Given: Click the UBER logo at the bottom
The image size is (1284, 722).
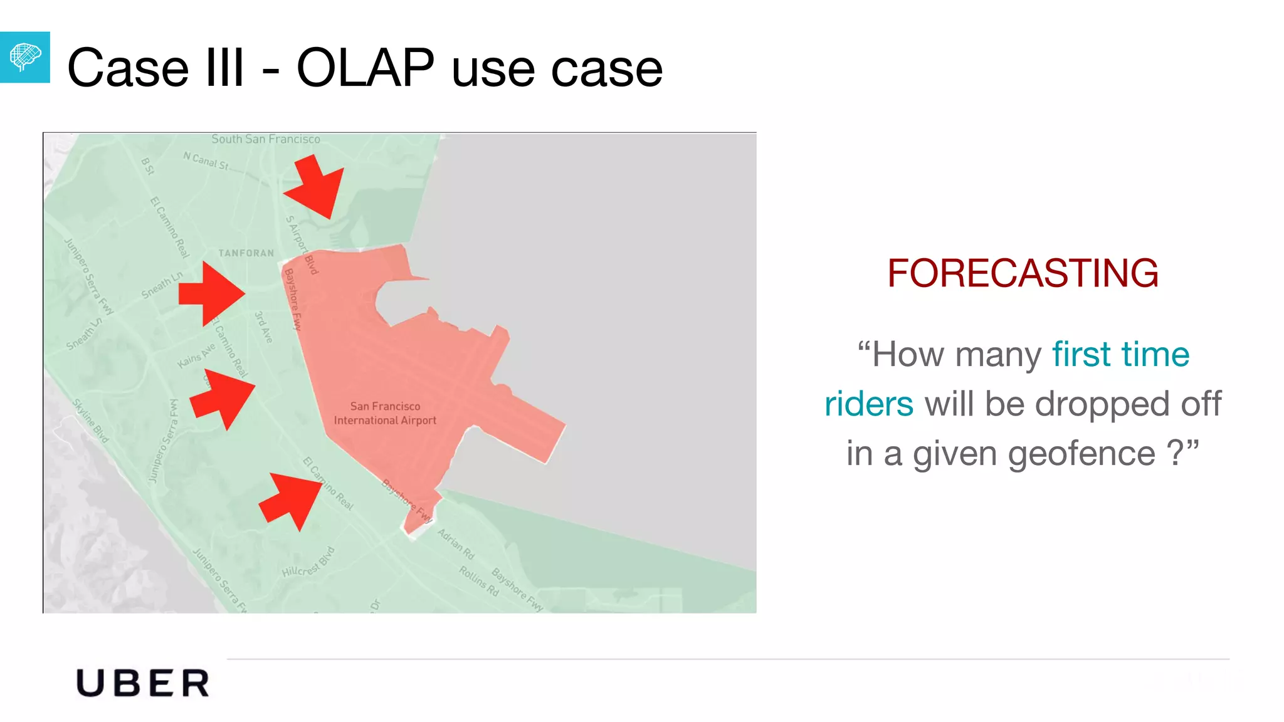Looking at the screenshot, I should pyautogui.click(x=142, y=683).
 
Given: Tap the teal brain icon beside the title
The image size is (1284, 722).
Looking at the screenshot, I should pyautogui.click(x=24, y=58).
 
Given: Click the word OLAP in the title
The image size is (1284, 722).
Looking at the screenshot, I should pyautogui.click(x=365, y=68).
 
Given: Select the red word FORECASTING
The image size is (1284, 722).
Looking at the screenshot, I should pyautogui.click(x=1023, y=273).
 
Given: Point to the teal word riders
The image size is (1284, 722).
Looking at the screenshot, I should pyautogui.click(x=868, y=404).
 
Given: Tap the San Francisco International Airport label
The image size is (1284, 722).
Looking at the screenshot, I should pyautogui.click(x=385, y=414).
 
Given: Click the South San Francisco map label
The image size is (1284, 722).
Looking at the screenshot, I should pyautogui.click(x=266, y=139).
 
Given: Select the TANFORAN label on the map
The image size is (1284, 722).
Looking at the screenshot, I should pyautogui.click(x=246, y=253).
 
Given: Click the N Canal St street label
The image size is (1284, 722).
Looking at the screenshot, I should pyautogui.click(x=206, y=161).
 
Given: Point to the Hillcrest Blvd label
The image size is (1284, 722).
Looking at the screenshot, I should pyautogui.click(x=308, y=563).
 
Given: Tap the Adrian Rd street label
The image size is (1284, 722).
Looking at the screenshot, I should pyautogui.click(x=456, y=544).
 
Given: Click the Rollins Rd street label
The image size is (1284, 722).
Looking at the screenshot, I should pyautogui.click(x=479, y=581).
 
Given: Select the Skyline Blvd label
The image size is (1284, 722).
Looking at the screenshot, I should pyautogui.click(x=91, y=421).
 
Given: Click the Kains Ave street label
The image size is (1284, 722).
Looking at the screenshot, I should pyautogui.click(x=196, y=356).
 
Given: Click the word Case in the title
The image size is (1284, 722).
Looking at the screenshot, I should pyautogui.click(x=128, y=68).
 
